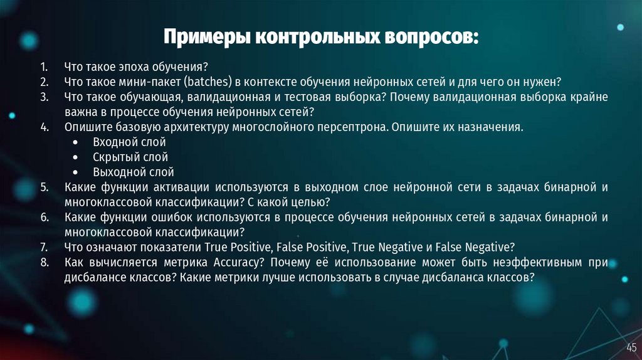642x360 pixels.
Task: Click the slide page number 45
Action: click(x=631, y=347)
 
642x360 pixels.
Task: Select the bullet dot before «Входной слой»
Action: click(x=75, y=142)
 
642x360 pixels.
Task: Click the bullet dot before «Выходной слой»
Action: click(x=75, y=172)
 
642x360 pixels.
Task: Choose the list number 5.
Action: click(x=43, y=187)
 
